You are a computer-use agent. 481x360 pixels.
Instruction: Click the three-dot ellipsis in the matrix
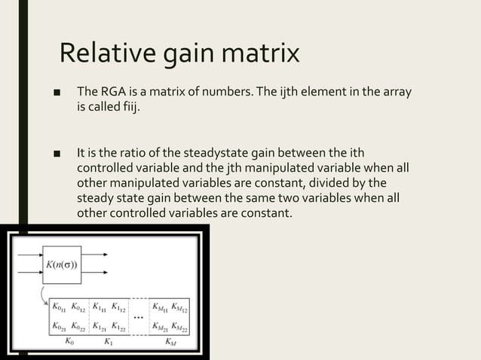[139, 317]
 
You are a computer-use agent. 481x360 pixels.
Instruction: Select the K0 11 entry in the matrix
[60, 307]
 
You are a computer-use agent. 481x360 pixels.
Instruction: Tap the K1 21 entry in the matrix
[100, 327]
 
